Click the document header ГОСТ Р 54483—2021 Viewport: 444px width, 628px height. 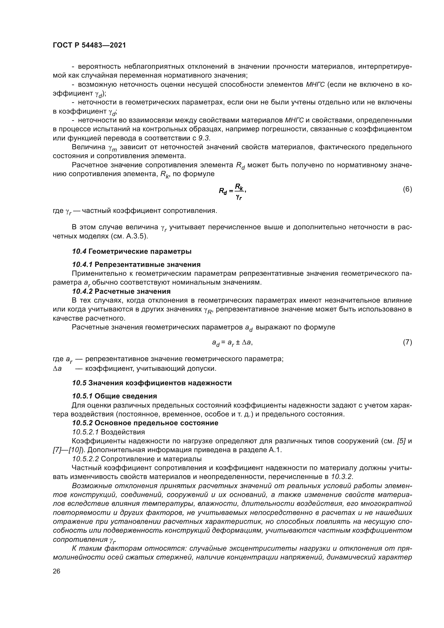pyautogui.click(x=89, y=45)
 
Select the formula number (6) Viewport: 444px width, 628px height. pyautogui.click(x=407, y=189)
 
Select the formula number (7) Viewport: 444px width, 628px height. pyautogui.click(x=407, y=342)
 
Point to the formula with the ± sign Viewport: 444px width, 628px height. pyautogui.click(x=232, y=342)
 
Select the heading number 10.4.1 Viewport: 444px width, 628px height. pyautogui.click(x=82, y=264)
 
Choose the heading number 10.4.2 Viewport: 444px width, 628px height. pyautogui.click(x=82, y=291)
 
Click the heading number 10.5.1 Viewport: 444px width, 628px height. pyautogui.click(x=82, y=396)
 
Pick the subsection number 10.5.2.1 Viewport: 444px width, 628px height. pyautogui.click(x=86, y=432)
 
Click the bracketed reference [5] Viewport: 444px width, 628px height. pyautogui.click(x=401, y=441)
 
